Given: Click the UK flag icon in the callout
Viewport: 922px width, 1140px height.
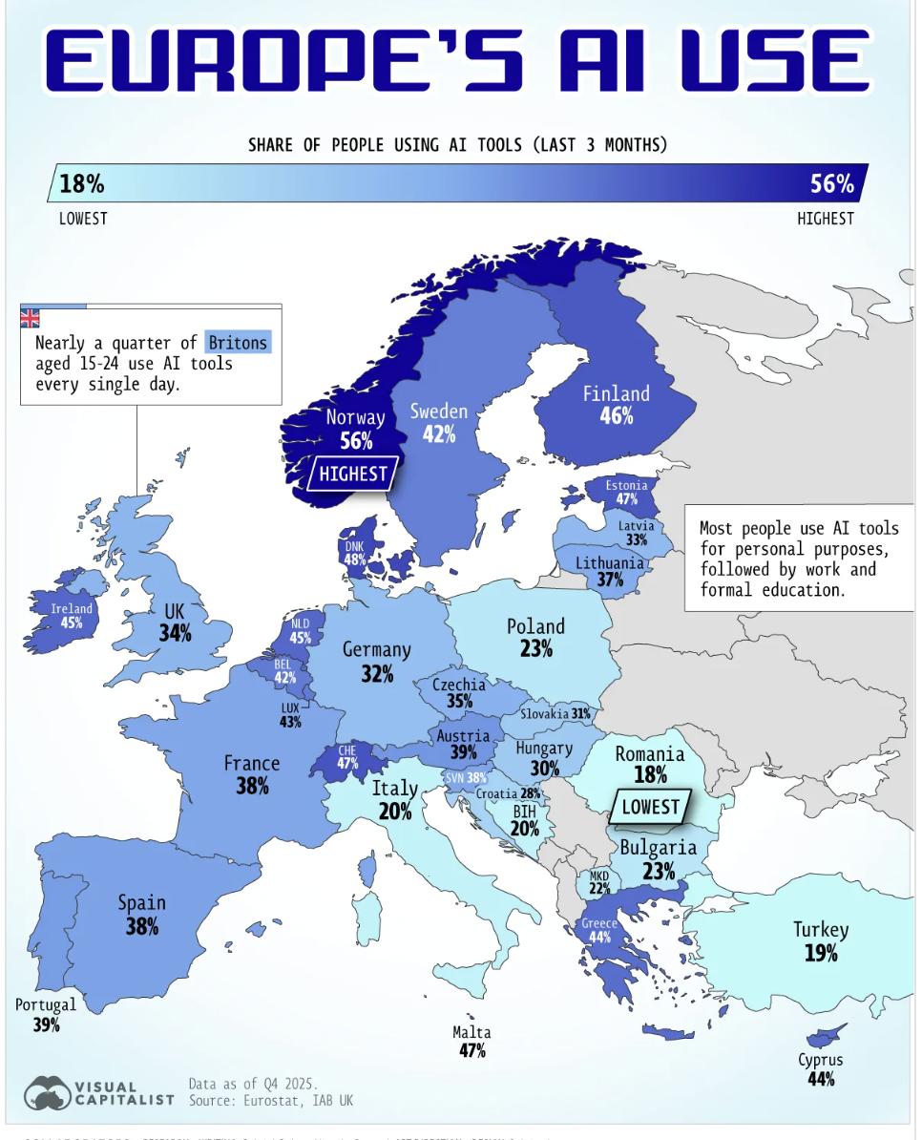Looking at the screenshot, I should click(31, 319).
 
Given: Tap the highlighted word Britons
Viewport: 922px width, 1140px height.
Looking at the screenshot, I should click(239, 342).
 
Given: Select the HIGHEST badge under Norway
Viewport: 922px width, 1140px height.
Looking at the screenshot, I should click(353, 473).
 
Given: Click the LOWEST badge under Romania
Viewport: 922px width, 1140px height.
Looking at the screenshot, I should click(650, 807).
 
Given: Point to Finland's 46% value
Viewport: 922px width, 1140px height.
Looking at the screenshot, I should click(617, 416).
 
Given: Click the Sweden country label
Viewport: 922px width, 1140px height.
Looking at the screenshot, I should click(439, 411).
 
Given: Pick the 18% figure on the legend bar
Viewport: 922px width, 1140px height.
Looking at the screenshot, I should click(82, 183).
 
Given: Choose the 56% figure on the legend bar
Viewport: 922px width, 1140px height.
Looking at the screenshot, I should click(832, 183).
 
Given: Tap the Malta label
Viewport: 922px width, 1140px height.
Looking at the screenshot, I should click(471, 1032).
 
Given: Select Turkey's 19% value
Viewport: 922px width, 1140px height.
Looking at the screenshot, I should click(821, 953).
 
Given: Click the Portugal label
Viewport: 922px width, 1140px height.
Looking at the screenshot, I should click(45, 1004).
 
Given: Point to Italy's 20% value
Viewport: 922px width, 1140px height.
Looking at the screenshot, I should click(395, 812).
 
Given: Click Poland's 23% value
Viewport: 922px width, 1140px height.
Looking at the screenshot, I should click(536, 649).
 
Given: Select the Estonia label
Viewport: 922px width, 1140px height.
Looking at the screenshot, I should click(626, 485).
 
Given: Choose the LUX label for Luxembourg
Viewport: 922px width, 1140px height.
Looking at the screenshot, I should click(290, 707).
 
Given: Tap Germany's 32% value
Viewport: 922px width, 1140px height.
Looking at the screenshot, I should click(377, 674).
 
